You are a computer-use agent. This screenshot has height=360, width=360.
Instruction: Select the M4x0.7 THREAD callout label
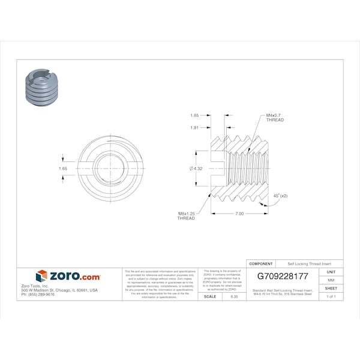271,118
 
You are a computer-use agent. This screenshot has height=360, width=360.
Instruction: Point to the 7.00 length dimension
239,214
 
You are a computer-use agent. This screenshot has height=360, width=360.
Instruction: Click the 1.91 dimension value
194,127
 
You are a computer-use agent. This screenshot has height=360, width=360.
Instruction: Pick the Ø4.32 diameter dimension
196,169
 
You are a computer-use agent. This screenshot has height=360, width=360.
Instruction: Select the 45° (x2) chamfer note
280,196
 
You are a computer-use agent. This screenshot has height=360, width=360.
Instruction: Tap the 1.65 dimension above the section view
194,115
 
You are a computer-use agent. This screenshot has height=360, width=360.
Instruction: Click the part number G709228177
282,277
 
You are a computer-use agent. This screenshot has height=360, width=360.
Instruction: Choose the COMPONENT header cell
261,264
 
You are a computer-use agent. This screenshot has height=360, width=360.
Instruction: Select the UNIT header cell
331,272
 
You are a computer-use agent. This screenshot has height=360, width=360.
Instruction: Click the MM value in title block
331,280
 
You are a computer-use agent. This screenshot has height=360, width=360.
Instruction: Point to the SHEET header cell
331,289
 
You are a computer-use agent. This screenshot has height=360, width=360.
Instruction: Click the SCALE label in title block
210,296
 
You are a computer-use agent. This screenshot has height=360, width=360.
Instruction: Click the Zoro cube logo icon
41,276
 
